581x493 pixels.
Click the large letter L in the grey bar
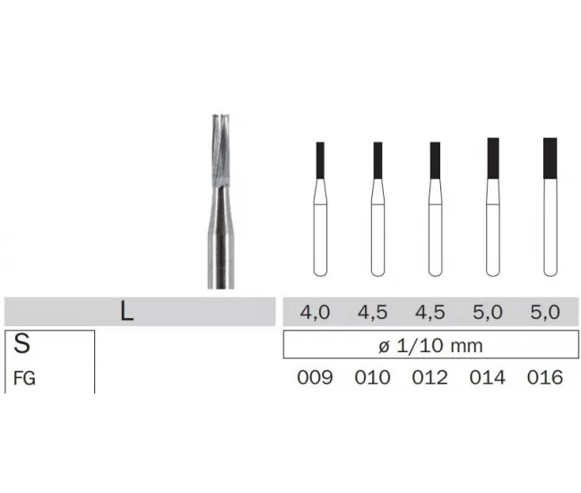pos(126,312)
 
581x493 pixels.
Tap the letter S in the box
pos(22,343)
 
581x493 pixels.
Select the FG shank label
pos(24,378)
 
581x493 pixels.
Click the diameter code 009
pos(315,377)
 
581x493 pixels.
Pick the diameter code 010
pos(372,377)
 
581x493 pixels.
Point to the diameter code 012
pos(429,377)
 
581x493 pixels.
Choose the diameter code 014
pos(487,377)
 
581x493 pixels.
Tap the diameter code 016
pos(545,377)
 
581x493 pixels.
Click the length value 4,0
pos(315,312)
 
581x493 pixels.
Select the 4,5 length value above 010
pos(372,312)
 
